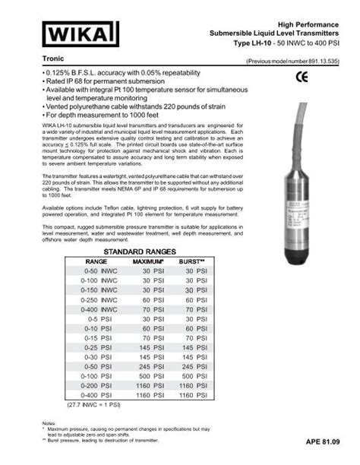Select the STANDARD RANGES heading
[139, 251]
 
